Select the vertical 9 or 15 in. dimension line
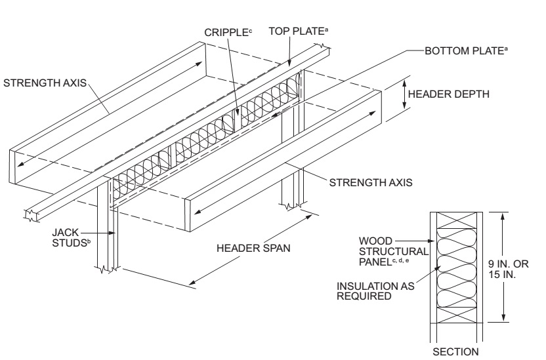(x=502, y=267)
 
